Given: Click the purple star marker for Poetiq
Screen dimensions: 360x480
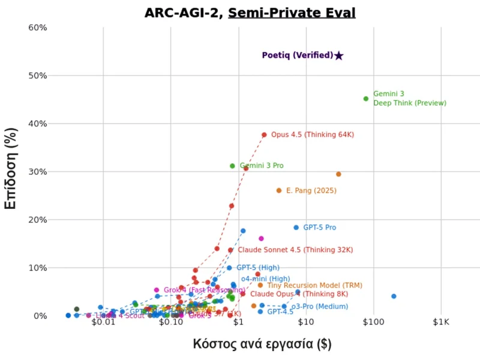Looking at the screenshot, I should coord(338,56).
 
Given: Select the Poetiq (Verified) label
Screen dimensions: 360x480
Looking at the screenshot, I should coord(297,55).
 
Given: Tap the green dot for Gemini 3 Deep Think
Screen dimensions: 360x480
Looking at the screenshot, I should coord(366,99).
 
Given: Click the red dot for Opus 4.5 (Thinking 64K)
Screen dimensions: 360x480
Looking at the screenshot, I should coord(264,135).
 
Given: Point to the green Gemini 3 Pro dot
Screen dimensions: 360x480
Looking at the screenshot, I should coord(233,166).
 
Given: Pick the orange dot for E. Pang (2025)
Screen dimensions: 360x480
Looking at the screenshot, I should coord(279,191).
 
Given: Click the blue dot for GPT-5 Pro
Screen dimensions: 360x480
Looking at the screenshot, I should coord(296,227).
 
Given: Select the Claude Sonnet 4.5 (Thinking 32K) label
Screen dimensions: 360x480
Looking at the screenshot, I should coord(295,250).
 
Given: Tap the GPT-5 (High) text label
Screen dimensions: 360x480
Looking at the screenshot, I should coord(257,268).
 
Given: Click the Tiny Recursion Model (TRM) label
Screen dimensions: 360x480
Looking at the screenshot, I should coord(306,286).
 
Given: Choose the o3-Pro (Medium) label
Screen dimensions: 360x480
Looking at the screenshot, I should coord(319,307).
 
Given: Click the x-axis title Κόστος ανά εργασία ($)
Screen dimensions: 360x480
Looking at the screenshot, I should coord(262,344).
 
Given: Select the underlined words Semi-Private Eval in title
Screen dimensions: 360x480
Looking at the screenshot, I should coord(292,13).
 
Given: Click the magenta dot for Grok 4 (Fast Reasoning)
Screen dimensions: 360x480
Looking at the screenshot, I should coord(157,290).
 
